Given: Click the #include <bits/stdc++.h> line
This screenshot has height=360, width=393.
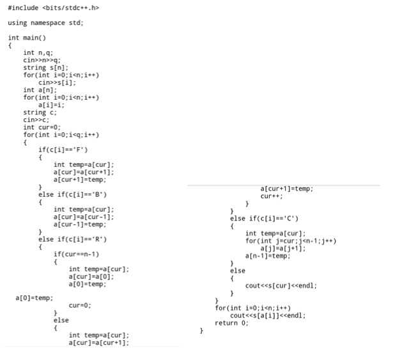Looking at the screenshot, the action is click(x=54, y=8).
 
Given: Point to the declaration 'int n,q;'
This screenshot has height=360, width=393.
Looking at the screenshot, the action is click(x=37, y=52).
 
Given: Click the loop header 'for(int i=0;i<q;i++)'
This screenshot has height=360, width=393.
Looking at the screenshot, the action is click(x=61, y=135).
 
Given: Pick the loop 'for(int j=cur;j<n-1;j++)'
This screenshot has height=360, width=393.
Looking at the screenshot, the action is click(x=291, y=241).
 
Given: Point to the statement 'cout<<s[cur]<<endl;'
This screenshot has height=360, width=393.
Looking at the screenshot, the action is click(x=281, y=286).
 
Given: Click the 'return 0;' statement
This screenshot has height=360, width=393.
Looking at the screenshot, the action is click(x=231, y=323).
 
